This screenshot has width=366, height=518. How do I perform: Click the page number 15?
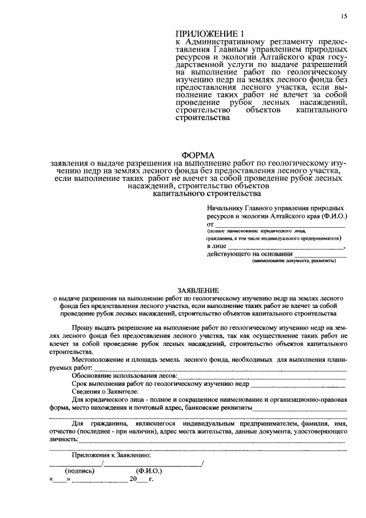[x=344, y=17]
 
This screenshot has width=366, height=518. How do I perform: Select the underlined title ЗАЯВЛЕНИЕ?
[x=198, y=291]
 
